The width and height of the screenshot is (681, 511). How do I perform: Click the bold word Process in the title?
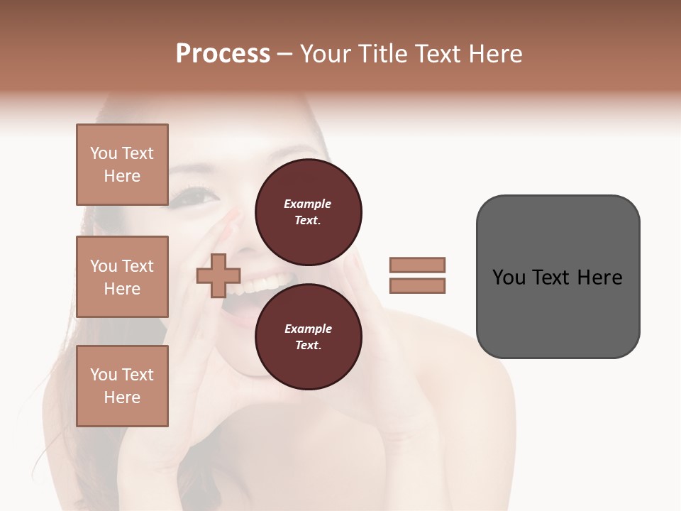[223, 54]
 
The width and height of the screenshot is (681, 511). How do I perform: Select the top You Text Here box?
[122, 165]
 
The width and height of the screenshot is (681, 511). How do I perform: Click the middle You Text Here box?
[122, 277]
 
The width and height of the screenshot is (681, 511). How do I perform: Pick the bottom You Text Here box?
[122, 385]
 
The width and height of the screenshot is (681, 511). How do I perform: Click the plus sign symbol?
[218, 276]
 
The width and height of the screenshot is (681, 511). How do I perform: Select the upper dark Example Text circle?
[308, 211]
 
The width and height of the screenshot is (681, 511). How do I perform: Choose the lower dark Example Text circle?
[308, 336]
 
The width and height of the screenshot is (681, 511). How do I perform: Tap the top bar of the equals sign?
[417, 265]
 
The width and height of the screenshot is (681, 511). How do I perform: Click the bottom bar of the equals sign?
[417, 286]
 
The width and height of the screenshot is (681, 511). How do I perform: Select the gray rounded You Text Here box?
[558, 277]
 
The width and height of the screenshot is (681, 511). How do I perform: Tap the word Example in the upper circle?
[308, 204]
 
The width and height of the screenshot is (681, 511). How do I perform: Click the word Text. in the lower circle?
[308, 345]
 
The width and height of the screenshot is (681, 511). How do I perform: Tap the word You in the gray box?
[509, 277]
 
